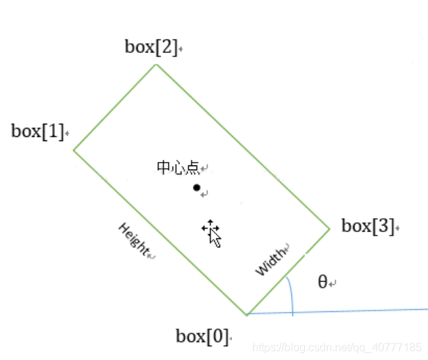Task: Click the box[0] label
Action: point(201,337)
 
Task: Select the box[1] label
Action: point(38,131)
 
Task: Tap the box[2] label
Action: point(151,47)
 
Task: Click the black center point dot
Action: point(197,188)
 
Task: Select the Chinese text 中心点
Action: point(178,167)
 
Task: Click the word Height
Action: point(133,240)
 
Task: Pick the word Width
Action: point(271,261)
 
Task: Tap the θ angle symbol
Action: point(322,281)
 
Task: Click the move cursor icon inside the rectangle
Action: point(212,233)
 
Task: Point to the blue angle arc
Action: point(290,295)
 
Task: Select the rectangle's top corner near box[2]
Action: point(156,65)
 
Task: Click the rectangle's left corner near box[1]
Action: point(74,150)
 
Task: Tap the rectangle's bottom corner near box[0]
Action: point(247,314)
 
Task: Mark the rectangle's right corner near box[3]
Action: point(329,227)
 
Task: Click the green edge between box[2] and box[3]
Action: point(242,146)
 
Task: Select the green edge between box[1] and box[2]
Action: point(115,107)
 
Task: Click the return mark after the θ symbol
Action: point(334,284)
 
